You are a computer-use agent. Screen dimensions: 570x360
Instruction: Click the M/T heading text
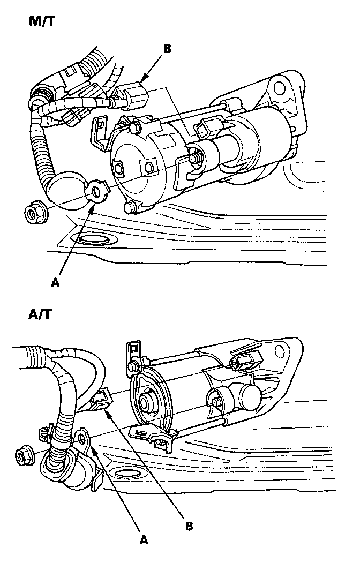coord(41,22)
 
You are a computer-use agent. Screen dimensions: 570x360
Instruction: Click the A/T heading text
coord(40,313)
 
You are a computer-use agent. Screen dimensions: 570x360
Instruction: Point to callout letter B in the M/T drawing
coord(167,49)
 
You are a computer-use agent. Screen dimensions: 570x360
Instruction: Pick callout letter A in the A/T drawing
coord(143,540)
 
